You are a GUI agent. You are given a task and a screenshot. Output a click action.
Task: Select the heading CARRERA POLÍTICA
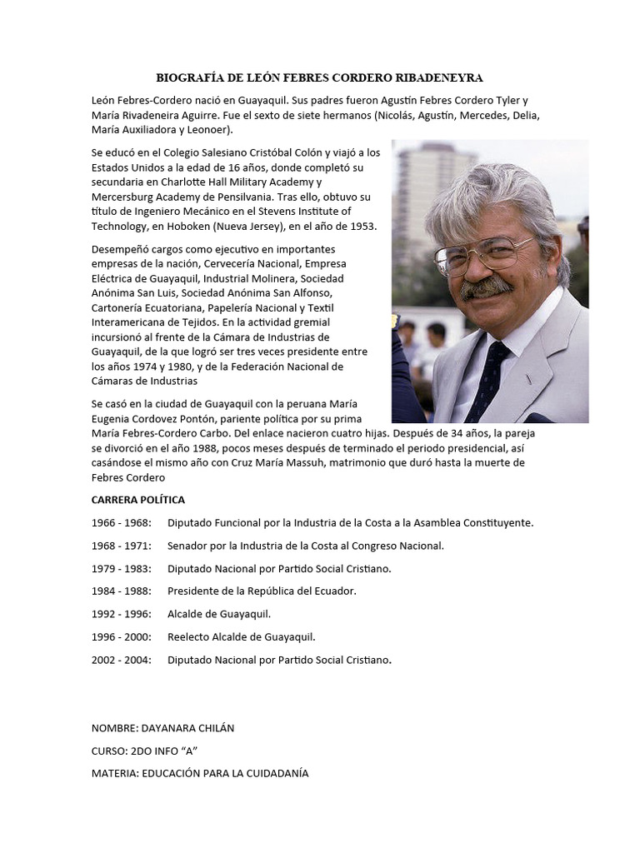(x=138, y=500)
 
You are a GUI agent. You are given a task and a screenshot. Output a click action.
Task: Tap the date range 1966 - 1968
(x=122, y=523)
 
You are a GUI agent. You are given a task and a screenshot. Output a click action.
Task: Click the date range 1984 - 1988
(x=122, y=591)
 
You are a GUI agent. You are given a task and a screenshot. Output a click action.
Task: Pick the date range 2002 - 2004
(x=122, y=660)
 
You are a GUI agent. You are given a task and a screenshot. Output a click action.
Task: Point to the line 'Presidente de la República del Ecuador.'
(x=262, y=591)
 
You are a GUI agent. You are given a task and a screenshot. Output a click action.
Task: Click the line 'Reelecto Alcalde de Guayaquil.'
(x=242, y=637)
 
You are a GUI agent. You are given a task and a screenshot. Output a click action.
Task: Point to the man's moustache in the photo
(x=487, y=287)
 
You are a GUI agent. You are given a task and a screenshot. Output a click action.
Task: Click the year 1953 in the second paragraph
(x=363, y=226)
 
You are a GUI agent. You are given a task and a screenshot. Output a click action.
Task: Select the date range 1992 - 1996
(x=122, y=614)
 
